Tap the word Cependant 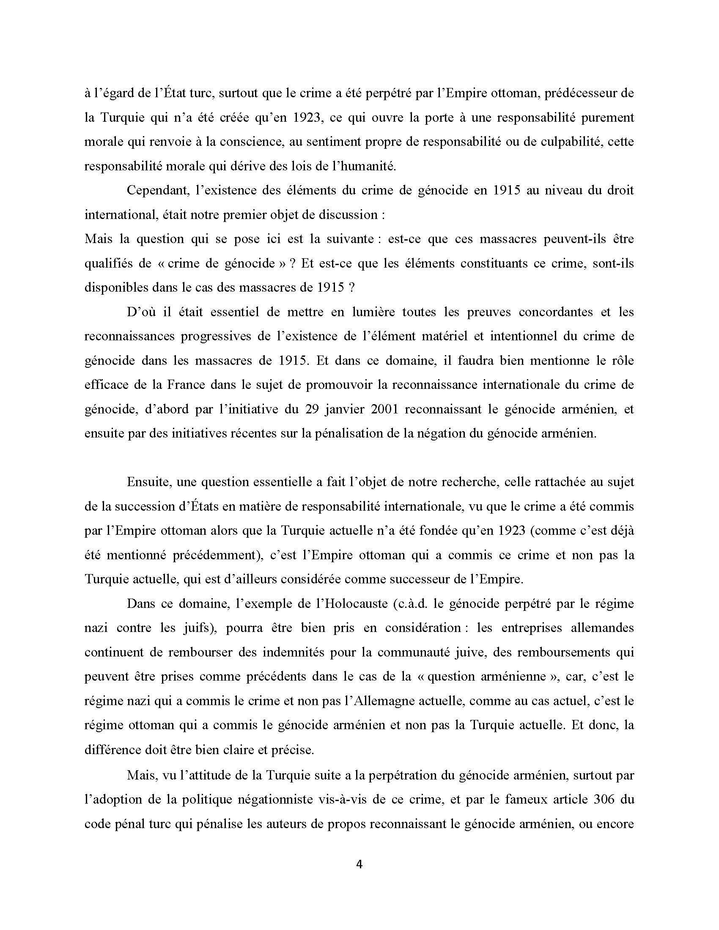[x=157, y=190]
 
